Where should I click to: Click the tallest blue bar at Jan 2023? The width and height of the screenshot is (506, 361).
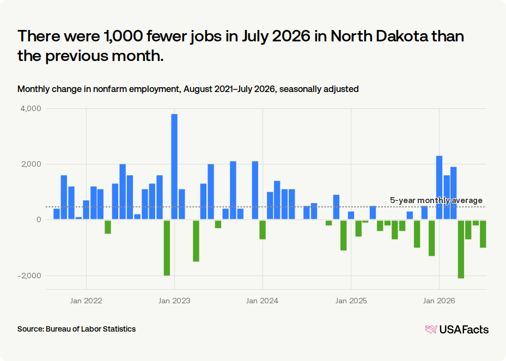pyautogui.click(x=174, y=167)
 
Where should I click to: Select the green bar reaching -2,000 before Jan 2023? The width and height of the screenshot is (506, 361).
pyautogui.click(x=167, y=248)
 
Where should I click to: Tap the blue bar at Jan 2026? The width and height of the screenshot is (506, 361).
pyautogui.click(x=439, y=187)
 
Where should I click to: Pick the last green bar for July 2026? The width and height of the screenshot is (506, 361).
pyautogui.click(x=483, y=234)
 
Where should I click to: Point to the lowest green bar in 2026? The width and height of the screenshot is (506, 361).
pyautogui.click(x=461, y=249)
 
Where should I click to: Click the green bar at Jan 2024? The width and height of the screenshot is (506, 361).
pyautogui.click(x=263, y=230)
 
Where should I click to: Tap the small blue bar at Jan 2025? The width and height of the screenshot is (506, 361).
pyautogui.click(x=351, y=215)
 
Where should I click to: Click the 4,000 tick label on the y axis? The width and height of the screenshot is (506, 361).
pyautogui.click(x=31, y=108)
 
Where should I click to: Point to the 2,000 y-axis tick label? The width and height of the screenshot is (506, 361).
pyautogui.click(x=31, y=164)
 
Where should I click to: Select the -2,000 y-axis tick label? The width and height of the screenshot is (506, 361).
pyautogui.click(x=30, y=276)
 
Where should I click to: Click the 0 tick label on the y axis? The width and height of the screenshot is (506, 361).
pyautogui.click(x=39, y=219)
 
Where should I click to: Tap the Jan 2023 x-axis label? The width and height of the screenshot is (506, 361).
pyautogui.click(x=174, y=301)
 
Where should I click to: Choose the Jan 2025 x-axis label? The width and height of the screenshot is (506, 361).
pyautogui.click(x=351, y=301)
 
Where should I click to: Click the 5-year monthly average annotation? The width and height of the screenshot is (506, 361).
pyautogui.click(x=436, y=200)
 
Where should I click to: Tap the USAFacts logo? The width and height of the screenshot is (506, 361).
pyautogui.click(x=457, y=329)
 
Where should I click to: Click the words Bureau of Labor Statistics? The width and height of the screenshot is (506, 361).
pyautogui.click(x=90, y=329)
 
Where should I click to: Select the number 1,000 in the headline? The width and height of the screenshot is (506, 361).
pyautogui.click(x=123, y=36)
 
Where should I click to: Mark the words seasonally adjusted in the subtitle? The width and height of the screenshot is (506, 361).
pyautogui.click(x=319, y=89)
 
